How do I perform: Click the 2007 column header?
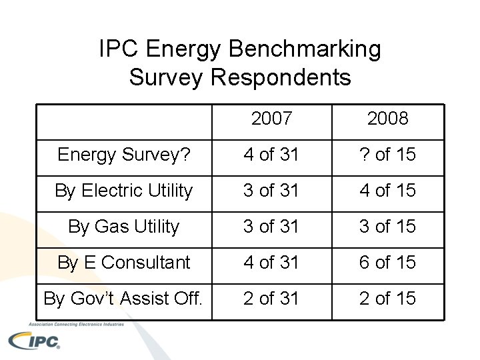(271, 118)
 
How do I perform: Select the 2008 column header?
(388, 118)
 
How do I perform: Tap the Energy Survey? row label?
(124, 155)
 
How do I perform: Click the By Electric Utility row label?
(124, 191)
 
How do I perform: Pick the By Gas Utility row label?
(124, 227)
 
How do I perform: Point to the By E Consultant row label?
(124, 263)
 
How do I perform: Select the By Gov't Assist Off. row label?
(123, 299)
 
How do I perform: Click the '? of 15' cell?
(388, 154)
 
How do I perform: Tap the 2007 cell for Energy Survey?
(271, 154)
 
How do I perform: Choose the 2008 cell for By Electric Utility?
(388, 190)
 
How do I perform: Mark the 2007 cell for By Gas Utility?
(271, 226)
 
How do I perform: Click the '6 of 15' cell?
(388, 263)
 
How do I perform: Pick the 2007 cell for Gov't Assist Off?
(271, 299)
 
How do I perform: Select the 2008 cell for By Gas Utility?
(388, 226)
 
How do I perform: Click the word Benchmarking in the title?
(305, 49)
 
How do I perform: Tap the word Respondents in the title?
(281, 77)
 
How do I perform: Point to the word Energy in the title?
(183, 49)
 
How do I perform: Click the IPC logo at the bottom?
(34, 341)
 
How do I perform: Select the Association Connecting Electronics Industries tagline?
(76, 324)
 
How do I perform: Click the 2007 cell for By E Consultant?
(271, 263)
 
